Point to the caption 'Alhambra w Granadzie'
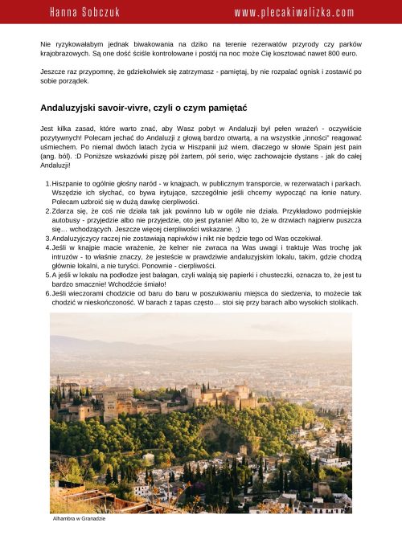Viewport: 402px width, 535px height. [79, 519]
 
